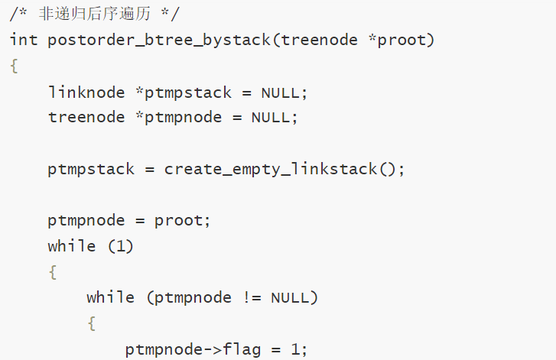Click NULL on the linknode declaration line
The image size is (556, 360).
tap(281, 92)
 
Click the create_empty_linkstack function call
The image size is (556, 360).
tap(271, 169)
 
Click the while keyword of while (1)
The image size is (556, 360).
tap(72, 246)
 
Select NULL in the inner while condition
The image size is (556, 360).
tap(290, 297)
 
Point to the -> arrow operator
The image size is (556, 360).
tap(212, 350)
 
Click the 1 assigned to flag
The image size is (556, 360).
tap(295, 350)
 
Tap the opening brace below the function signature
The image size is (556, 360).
tap(14, 66)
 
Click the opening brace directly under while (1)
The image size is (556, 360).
tap(53, 272)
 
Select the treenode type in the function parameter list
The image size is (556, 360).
tap(319, 40)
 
